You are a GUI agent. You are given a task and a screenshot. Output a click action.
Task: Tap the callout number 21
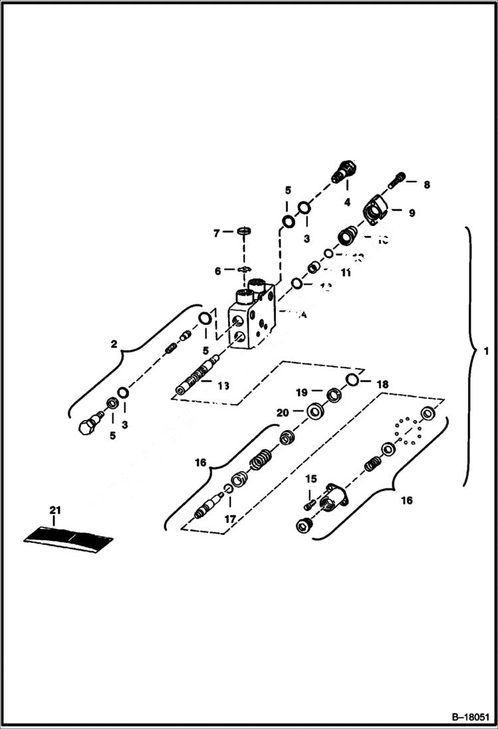[55, 510]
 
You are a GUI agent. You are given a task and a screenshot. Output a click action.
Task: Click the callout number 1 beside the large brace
[486, 350]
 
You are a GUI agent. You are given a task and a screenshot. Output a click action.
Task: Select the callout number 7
[216, 233]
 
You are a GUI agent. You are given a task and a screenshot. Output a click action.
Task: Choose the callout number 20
[282, 413]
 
